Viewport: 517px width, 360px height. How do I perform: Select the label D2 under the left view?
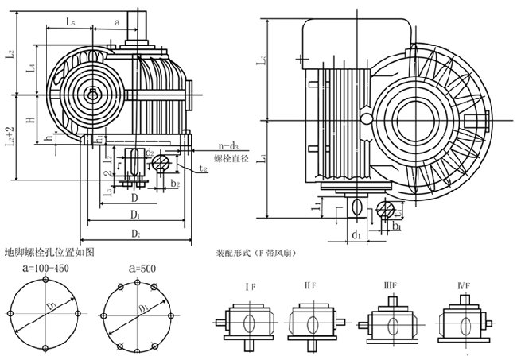[x=136, y=234]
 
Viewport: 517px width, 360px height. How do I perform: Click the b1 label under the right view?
[x=395, y=226]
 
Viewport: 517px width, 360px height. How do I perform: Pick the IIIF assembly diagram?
[x=390, y=323]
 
